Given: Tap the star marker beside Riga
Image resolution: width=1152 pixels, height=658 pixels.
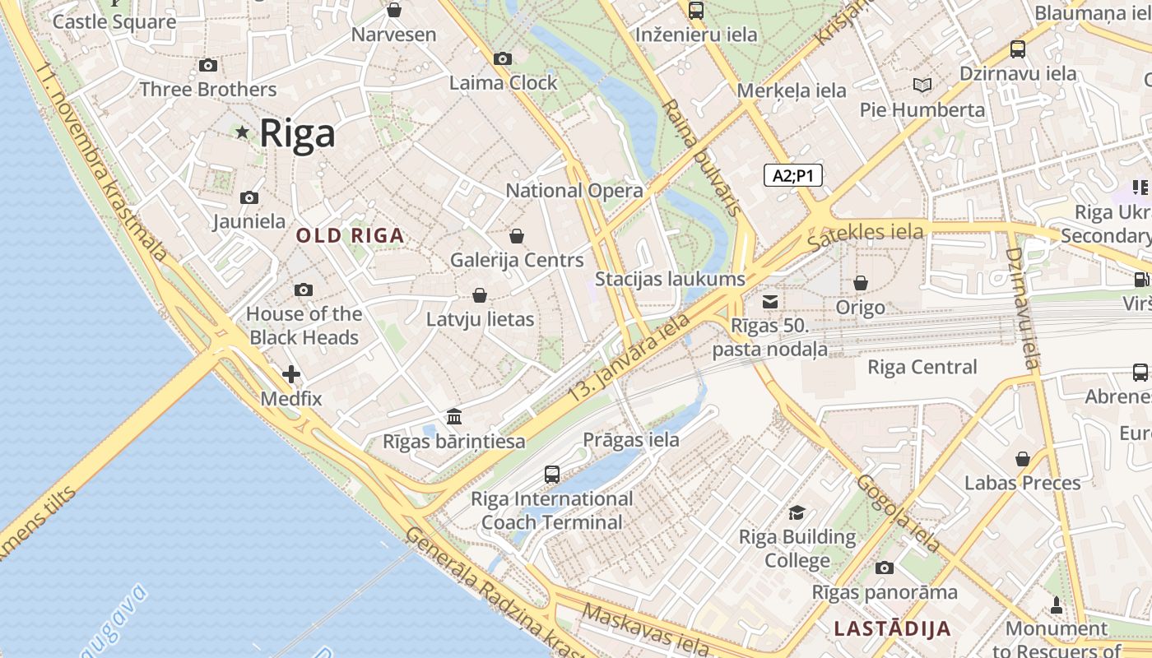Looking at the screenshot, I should coord(242,132).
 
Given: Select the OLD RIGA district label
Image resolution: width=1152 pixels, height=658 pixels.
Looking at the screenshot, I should coord(350,236).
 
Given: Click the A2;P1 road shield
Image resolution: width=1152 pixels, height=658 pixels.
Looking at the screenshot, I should coord(793,175).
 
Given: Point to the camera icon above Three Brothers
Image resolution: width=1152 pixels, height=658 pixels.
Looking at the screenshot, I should coord(208,65).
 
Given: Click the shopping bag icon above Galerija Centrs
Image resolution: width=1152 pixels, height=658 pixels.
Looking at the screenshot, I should coord(517,236).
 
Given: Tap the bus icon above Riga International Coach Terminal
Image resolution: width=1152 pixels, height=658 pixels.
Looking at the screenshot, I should coord(552,475).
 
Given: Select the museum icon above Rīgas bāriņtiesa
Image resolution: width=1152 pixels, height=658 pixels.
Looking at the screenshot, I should coord(454,416).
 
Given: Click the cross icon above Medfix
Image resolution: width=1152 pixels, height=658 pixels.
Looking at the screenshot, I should coord(290,374).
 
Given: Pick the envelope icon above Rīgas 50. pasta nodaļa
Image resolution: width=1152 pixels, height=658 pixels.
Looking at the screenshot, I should coord(770,302).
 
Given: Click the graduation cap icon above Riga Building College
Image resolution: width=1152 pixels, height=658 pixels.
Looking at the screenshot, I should coord(797,513).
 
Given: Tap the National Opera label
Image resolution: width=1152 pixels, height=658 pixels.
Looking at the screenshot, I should coord(574,191).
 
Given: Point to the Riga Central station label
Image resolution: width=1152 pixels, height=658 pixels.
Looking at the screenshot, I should coord(922,367).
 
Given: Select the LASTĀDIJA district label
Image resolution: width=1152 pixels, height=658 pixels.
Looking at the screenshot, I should coord(892,629).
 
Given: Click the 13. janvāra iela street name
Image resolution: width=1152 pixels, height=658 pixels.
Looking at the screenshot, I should coord(629,359).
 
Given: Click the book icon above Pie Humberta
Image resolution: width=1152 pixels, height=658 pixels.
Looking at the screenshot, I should coord(922,85).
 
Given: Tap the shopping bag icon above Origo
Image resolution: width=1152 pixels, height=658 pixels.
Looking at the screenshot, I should coord(861,283).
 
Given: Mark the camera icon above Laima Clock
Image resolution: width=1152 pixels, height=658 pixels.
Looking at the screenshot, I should coord(503,58).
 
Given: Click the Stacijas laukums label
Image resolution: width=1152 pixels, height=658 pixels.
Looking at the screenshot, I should coord(670,279).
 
